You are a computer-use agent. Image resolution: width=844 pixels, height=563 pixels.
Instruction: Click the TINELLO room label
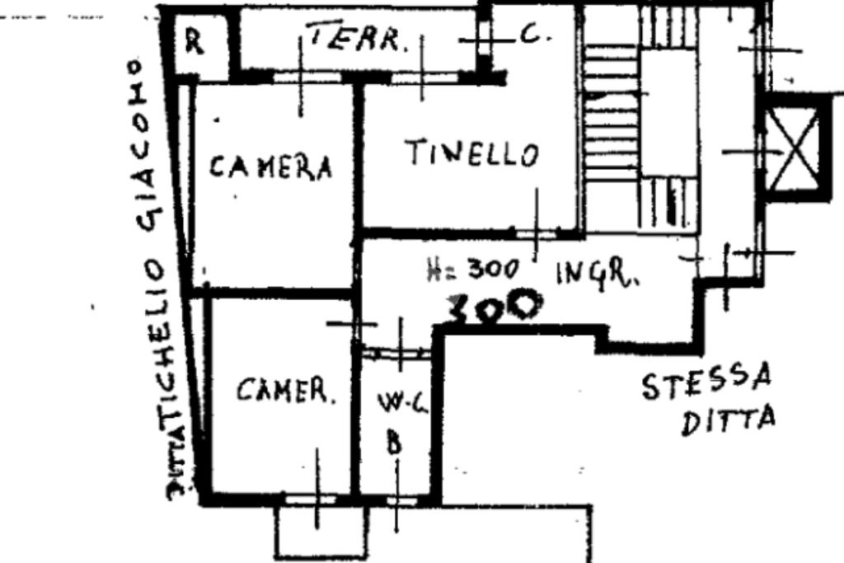click(x=471, y=154)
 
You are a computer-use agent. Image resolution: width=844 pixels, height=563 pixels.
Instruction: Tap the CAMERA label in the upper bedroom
click(x=270, y=167)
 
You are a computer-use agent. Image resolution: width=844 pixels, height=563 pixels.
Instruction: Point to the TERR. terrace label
click(x=358, y=37)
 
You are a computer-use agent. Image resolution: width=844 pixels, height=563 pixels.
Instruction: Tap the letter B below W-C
click(x=395, y=444)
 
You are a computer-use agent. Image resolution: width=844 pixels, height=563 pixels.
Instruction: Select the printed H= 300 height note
click(x=472, y=269)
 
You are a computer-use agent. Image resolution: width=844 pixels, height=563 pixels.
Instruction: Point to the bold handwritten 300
click(x=493, y=307)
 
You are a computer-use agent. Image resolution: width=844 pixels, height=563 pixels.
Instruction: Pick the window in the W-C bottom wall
click(x=401, y=500)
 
